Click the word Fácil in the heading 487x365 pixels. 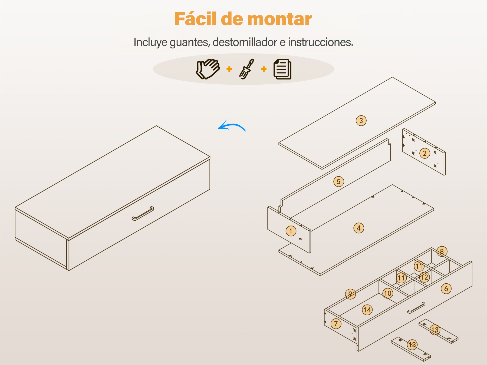point(196,19)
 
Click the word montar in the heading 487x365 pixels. point(279,19)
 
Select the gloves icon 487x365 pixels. point(208,69)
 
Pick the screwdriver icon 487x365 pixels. point(246,69)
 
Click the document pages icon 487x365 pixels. point(282,69)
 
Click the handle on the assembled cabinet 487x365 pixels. point(143,213)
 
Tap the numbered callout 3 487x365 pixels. point(361,121)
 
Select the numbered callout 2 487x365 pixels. point(425,153)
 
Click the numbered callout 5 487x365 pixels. point(338,182)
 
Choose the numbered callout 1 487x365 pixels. point(291,231)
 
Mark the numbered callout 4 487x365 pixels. point(359,228)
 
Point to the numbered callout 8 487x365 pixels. point(442,251)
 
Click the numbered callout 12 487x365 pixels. point(424,277)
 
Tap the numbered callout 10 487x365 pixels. point(388,293)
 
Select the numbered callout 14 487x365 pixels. point(367,310)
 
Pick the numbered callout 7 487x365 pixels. point(336,324)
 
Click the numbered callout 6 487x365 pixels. point(446,289)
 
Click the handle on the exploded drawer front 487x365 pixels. point(416,308)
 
